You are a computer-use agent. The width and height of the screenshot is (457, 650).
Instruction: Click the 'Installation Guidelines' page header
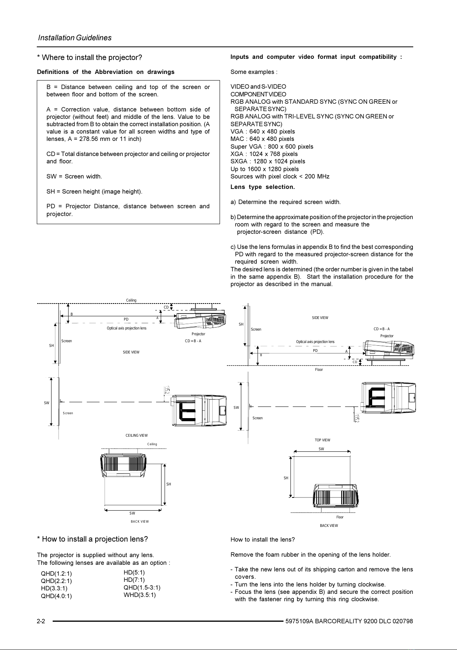(75, 38)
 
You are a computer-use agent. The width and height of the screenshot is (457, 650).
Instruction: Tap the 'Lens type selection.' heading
(263, 187)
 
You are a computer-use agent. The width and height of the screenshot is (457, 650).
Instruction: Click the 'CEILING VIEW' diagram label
(136, 435)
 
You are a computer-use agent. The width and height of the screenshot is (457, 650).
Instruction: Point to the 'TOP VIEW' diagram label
(322, 440)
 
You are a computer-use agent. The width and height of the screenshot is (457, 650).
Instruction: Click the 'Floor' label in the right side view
(319, 369)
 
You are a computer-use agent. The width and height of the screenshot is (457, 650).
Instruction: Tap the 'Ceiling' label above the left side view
(131, 300)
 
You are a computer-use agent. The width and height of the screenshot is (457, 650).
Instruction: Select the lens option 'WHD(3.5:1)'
(140, 595)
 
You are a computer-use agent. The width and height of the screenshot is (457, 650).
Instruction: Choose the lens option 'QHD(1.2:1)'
(56, 574)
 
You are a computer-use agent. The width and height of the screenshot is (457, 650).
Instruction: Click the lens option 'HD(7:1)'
(134, 580)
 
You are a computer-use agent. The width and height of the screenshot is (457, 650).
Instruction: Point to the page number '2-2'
(41, 621)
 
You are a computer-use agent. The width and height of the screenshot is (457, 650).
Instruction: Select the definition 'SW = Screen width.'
(74, 177)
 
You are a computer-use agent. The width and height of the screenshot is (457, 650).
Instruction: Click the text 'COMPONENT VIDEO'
(258, 94)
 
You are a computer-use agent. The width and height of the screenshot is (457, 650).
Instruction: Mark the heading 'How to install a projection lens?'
(92, 539)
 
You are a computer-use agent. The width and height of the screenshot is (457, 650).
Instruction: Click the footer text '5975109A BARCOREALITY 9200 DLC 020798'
(349, 621)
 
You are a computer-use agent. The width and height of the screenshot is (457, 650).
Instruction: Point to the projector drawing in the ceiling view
(199, 410)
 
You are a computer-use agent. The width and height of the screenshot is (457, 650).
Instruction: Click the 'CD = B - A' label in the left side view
(193, 341)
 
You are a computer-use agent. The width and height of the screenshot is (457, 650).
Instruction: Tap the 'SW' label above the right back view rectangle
(321, 449)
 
